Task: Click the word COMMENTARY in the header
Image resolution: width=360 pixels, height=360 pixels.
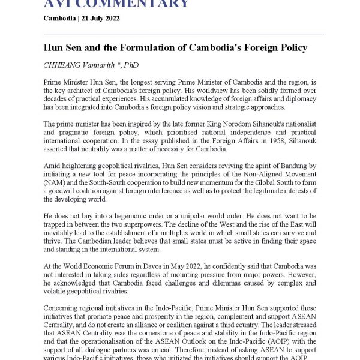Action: tap(139, 4)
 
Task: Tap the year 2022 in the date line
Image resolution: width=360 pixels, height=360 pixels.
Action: tap(111, 18)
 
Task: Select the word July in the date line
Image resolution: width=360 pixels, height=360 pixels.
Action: tap(93, 18)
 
